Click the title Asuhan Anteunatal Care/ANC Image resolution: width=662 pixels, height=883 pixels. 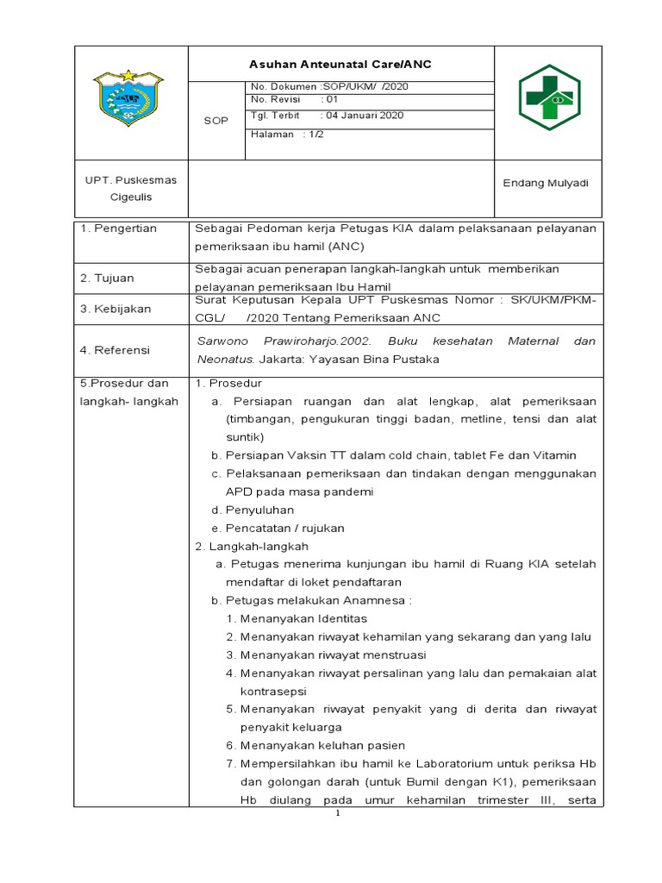point(340,65)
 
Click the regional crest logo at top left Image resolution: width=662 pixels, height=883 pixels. point(128,97)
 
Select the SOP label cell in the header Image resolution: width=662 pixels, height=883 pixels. point(216,121)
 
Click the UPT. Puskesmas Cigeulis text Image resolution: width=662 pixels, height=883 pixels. point(130,188)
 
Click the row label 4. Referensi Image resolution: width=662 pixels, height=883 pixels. point(115,350)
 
